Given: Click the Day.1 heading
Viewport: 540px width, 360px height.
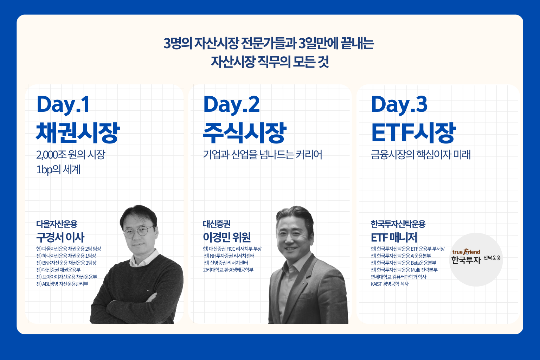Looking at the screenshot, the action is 63,104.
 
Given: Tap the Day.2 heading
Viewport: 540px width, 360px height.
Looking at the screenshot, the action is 231,104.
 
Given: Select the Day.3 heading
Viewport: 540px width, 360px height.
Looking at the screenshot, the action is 399,104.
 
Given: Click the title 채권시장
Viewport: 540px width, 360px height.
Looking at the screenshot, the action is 78,133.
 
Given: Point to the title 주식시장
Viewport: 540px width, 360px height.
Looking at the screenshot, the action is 245,133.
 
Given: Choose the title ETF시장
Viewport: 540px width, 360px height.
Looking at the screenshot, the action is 414,133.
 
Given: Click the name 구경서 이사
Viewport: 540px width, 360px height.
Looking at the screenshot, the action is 60,238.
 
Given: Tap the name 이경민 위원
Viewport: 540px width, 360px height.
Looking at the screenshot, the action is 227,238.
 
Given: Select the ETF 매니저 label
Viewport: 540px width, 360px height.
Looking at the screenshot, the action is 394,238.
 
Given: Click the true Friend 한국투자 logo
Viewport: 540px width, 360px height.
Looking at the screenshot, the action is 476,257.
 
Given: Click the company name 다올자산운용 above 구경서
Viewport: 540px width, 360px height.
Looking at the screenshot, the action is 57,224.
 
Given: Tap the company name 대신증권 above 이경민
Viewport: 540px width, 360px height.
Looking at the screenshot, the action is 217,224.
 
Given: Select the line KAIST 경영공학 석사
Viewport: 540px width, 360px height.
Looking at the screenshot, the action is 390,284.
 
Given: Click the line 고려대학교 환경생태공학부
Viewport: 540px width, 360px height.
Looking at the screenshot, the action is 228,270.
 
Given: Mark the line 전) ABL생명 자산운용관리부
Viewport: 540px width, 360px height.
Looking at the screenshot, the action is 62,284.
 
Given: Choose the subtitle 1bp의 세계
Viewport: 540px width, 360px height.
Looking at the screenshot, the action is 58,169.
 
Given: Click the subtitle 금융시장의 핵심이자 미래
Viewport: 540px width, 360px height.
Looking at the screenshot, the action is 421,155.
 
